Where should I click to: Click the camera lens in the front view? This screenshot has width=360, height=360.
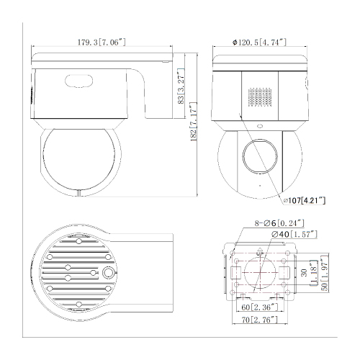pyautogui.click(x=257, y=154)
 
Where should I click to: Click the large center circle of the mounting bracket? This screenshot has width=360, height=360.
pyautogui.click(x=259, y=273)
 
